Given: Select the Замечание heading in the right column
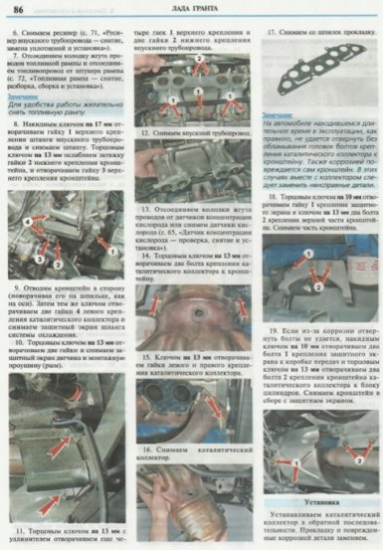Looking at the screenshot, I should pyautogui.click(x=281, y=115).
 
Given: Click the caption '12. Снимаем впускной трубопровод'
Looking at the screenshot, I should pyautogui.click(x=195, y=132).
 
